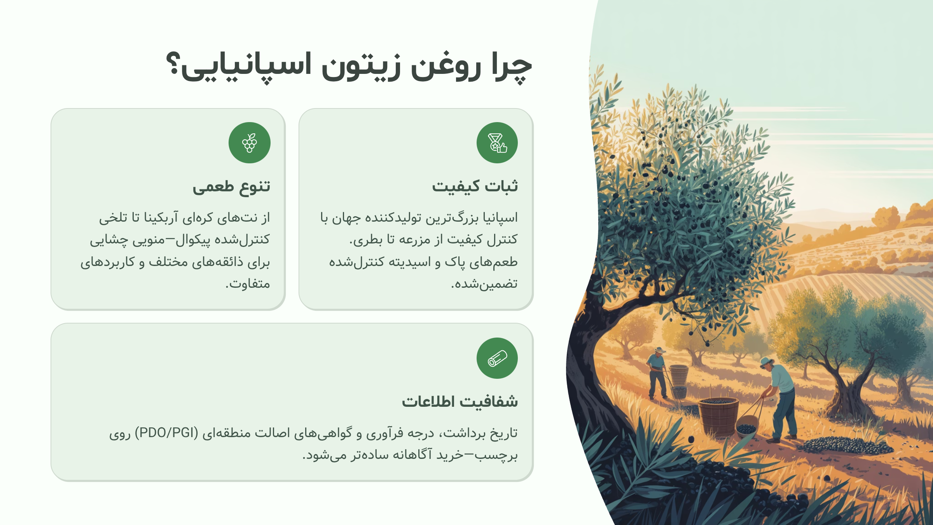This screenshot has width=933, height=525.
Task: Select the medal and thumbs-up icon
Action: (x=497, y=143)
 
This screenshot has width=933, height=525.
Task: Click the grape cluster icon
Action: (x=250, y=143)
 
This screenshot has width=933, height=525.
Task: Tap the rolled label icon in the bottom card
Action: (x=497, y=358)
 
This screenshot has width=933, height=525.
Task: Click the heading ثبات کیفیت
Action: (x=475, y=186)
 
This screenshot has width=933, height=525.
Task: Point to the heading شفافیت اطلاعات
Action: (x=460, y=401)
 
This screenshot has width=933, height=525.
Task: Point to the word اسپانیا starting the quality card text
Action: (x=500, y=217)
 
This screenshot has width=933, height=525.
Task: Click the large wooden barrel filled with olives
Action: (x=718, y=416)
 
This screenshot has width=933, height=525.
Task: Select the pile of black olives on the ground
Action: (x=847, y=445)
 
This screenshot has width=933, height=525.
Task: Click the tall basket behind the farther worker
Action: (x=679, y=376)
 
